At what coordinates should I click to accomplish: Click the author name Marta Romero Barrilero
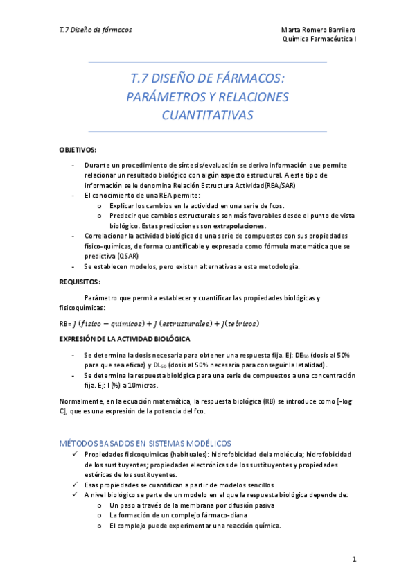point(319,30)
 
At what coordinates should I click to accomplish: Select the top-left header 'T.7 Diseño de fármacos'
point(96,30)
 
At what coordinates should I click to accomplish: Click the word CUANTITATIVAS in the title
point(207,114)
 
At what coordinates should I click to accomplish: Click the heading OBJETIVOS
point(78,150)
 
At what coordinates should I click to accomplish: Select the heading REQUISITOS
point(80,282)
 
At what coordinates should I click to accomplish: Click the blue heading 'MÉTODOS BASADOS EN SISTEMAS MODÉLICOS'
point(145,442)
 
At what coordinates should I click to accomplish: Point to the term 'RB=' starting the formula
point(66,324)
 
